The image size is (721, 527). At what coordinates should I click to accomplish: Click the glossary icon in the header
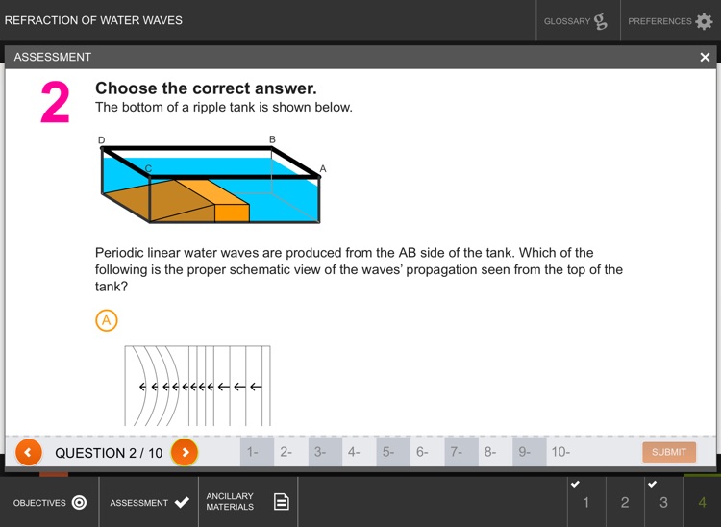click(x=601, y=21)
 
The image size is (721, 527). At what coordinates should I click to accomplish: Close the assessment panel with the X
click(x=705, y=57)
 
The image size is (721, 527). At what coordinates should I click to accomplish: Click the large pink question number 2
click(x=55, y=104)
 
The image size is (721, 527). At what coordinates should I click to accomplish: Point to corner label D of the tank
click(x=102, y=140)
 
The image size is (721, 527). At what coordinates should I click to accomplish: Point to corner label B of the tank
click(x=272, y=140)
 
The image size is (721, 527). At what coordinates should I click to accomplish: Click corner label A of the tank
click(x=323, y=168)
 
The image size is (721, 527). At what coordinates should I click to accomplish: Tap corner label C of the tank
click(x=148, y=168)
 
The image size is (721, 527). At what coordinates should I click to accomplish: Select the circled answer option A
click(x=107, y=320)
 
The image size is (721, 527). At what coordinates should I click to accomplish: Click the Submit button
click(x=669, y=452)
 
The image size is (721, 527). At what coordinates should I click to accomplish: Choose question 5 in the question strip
click(x=388, y=452)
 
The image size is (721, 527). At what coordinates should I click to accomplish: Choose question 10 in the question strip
click(x=560, y=452)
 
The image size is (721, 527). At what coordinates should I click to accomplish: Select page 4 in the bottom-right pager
click(x=702, y=502)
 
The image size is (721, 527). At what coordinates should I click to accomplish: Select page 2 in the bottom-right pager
click(x=625, y=502)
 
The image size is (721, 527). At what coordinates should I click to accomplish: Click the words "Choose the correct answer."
click(x=206, y=88)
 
